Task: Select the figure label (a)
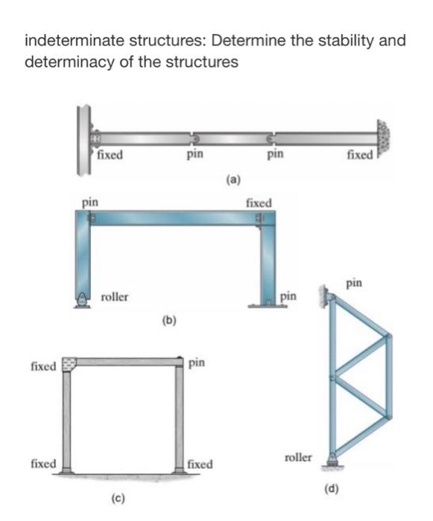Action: click(x=234, y=179)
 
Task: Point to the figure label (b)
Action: click(x=169, y=322)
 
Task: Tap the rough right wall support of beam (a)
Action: click(x=385, y=138)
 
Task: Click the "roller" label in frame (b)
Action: click(x=114, y=297)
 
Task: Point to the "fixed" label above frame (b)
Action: click(x=259, y=202)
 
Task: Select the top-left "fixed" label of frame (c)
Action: click(x=42, y=366)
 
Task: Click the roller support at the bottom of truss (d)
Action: click(x=332, y=461)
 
